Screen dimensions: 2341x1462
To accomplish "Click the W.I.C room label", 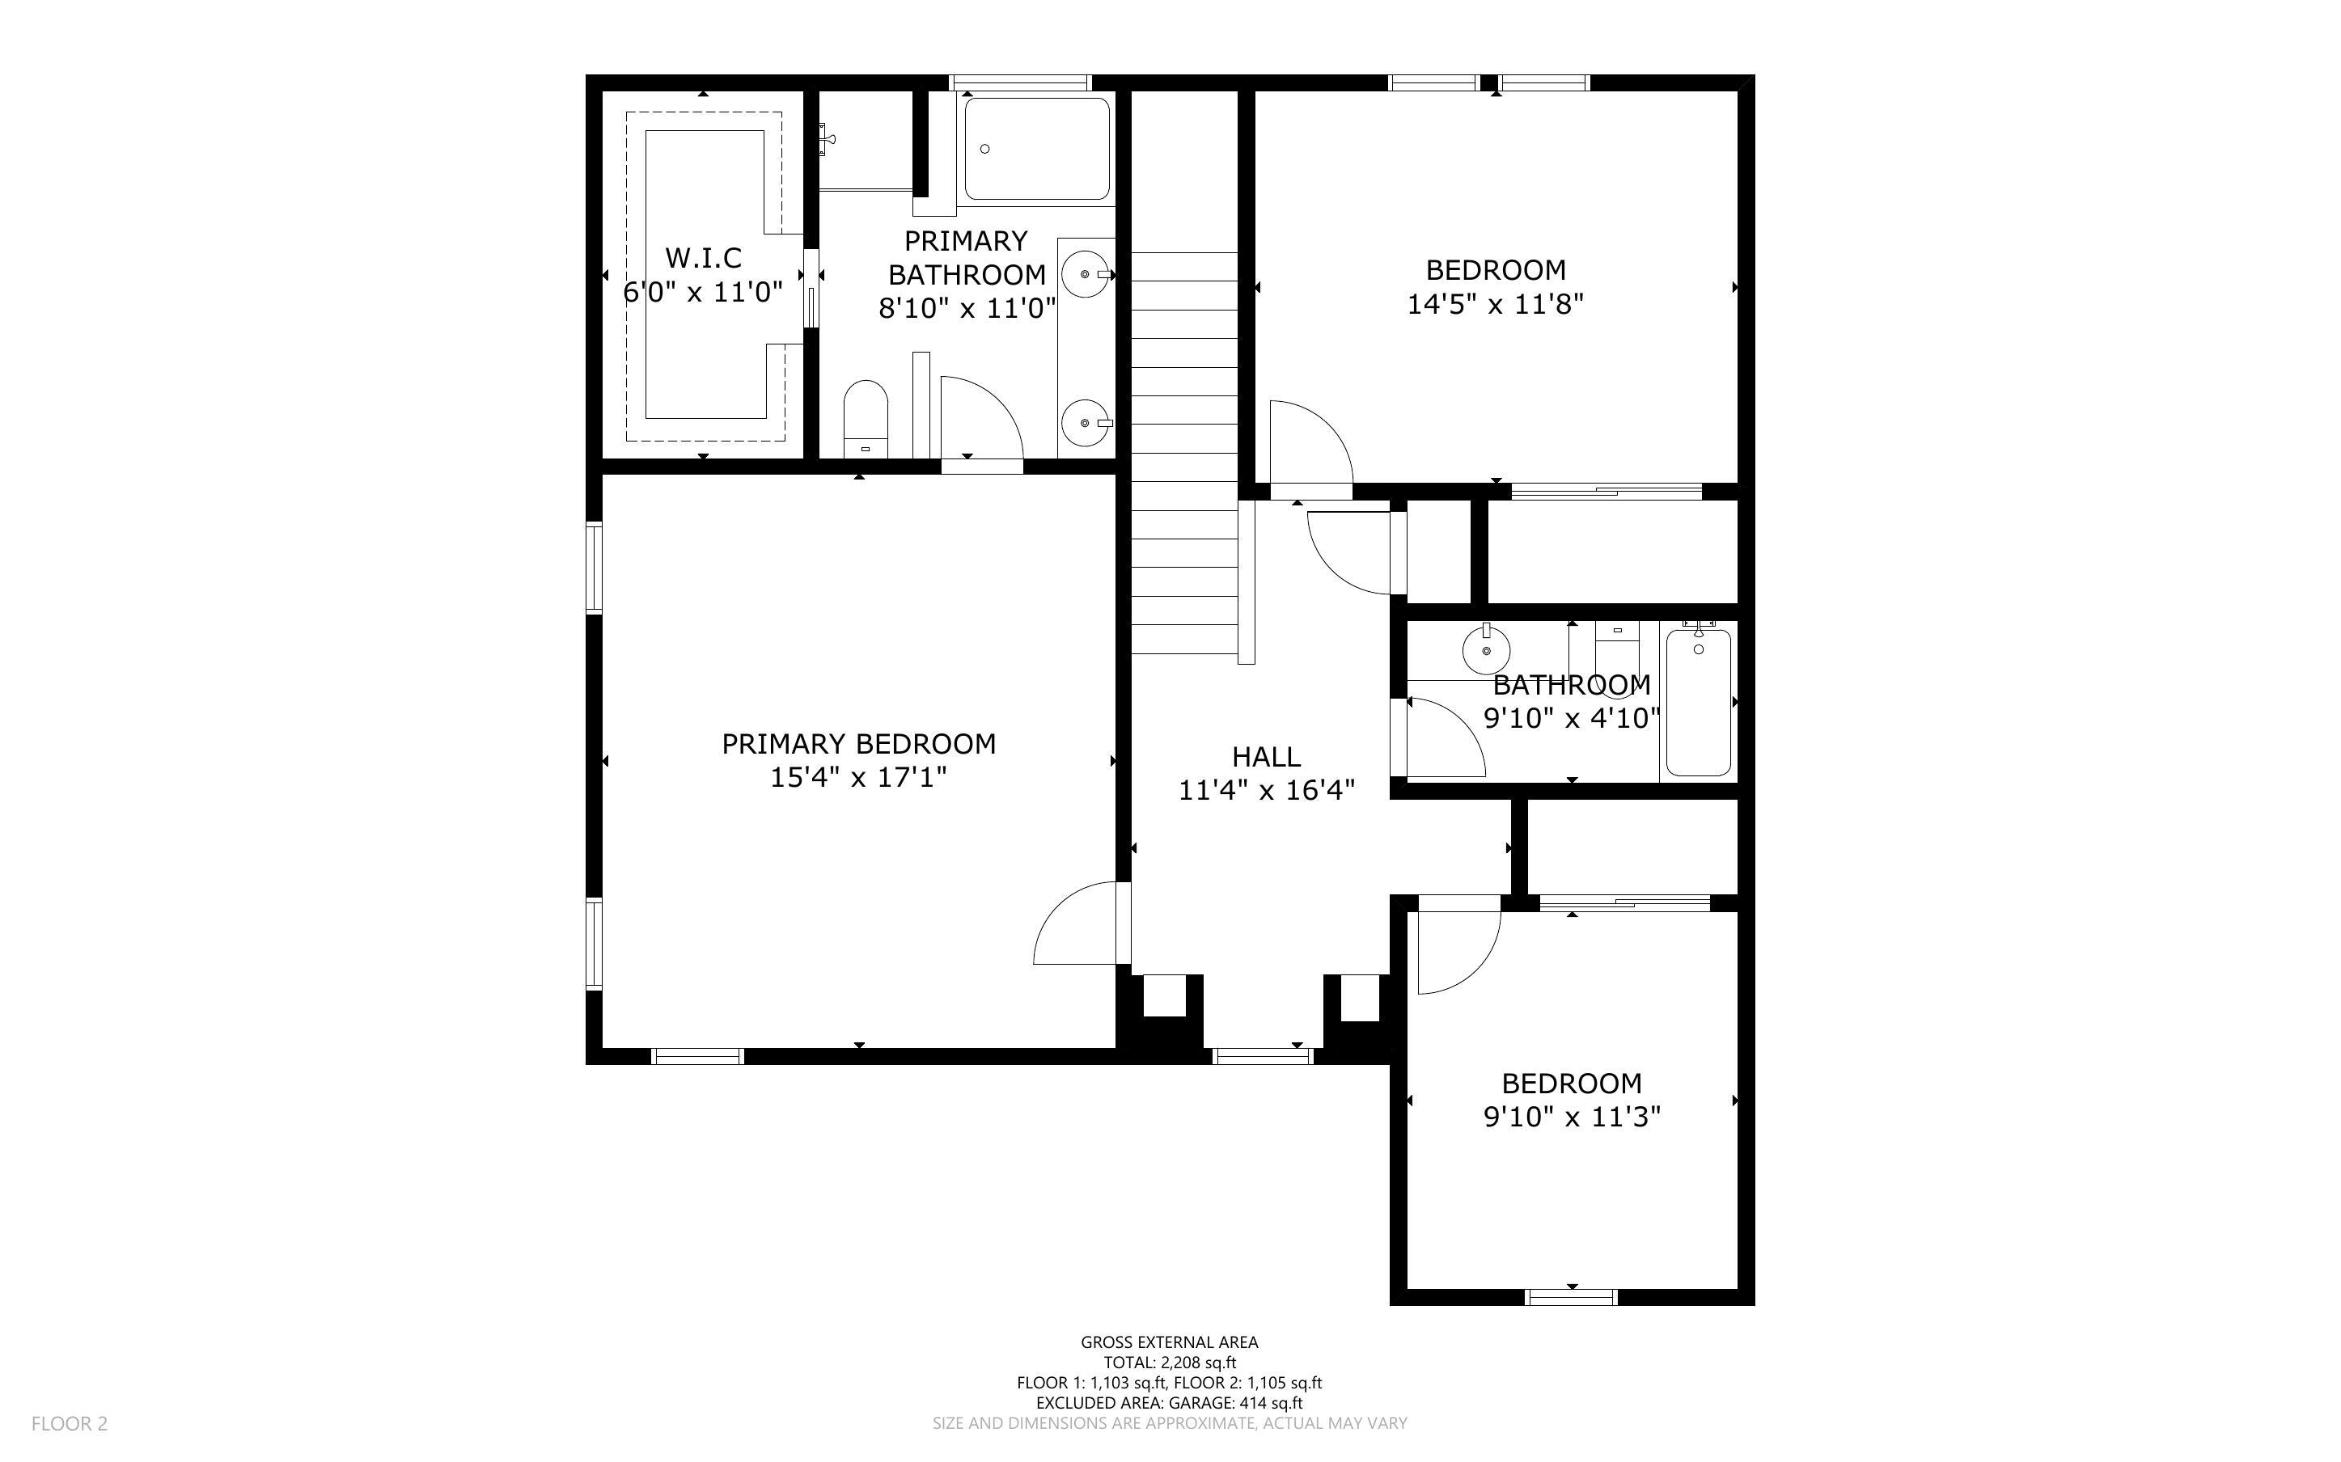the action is coord(703,258).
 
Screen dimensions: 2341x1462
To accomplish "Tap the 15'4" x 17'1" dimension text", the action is coord(857,777).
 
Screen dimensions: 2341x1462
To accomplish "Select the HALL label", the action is coord(1266,757).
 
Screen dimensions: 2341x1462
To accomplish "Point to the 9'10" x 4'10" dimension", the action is coord(1571,718).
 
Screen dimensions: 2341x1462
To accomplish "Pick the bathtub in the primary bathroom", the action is coord(1036,148).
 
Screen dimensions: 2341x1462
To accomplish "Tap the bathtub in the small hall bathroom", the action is coord(1698,702).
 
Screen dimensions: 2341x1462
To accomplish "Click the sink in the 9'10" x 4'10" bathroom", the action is coord(1486,649).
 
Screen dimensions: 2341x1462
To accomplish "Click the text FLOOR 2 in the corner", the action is coord(70,1423).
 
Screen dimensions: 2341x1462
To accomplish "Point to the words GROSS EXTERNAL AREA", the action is coord(1169,1342).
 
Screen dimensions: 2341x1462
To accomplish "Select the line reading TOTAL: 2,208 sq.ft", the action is coord(1169,1363).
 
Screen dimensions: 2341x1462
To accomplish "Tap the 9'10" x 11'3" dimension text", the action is coord(1571,1117).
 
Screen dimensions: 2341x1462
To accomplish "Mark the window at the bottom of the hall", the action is coord(1263,1056).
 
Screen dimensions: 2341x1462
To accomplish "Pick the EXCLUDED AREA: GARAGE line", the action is coord(1169,1403).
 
